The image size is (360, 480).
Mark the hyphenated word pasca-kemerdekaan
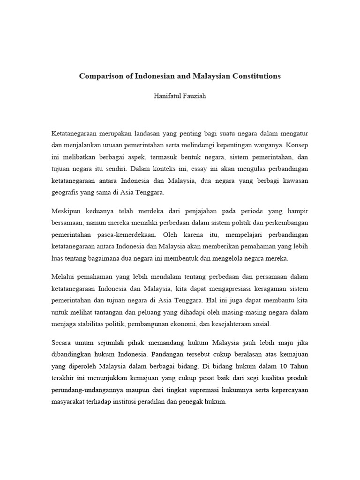[128, 234]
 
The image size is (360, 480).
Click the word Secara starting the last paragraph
[62, 342]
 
